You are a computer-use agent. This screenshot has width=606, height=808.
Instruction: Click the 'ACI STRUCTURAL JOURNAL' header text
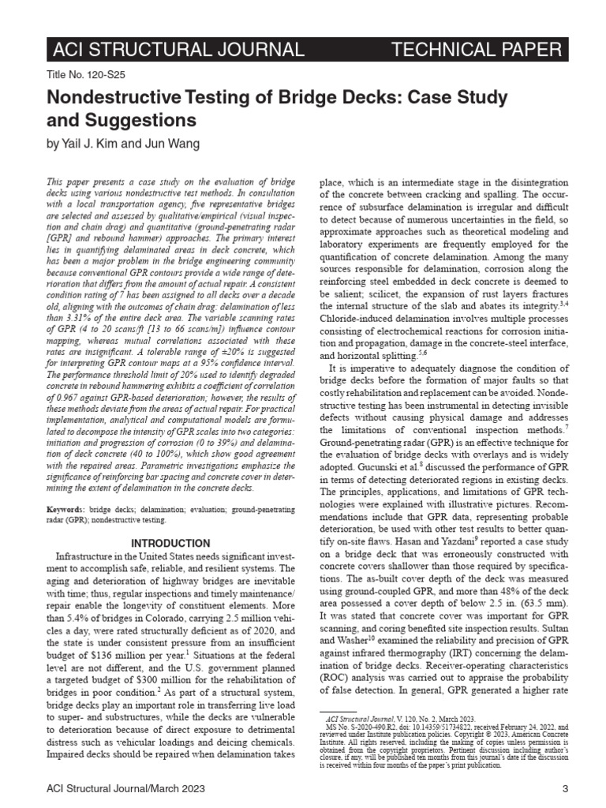[177, 50]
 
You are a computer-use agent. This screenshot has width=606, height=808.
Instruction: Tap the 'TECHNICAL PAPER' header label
[476, 50]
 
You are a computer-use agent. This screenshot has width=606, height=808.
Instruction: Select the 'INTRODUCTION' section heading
[170, 544]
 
